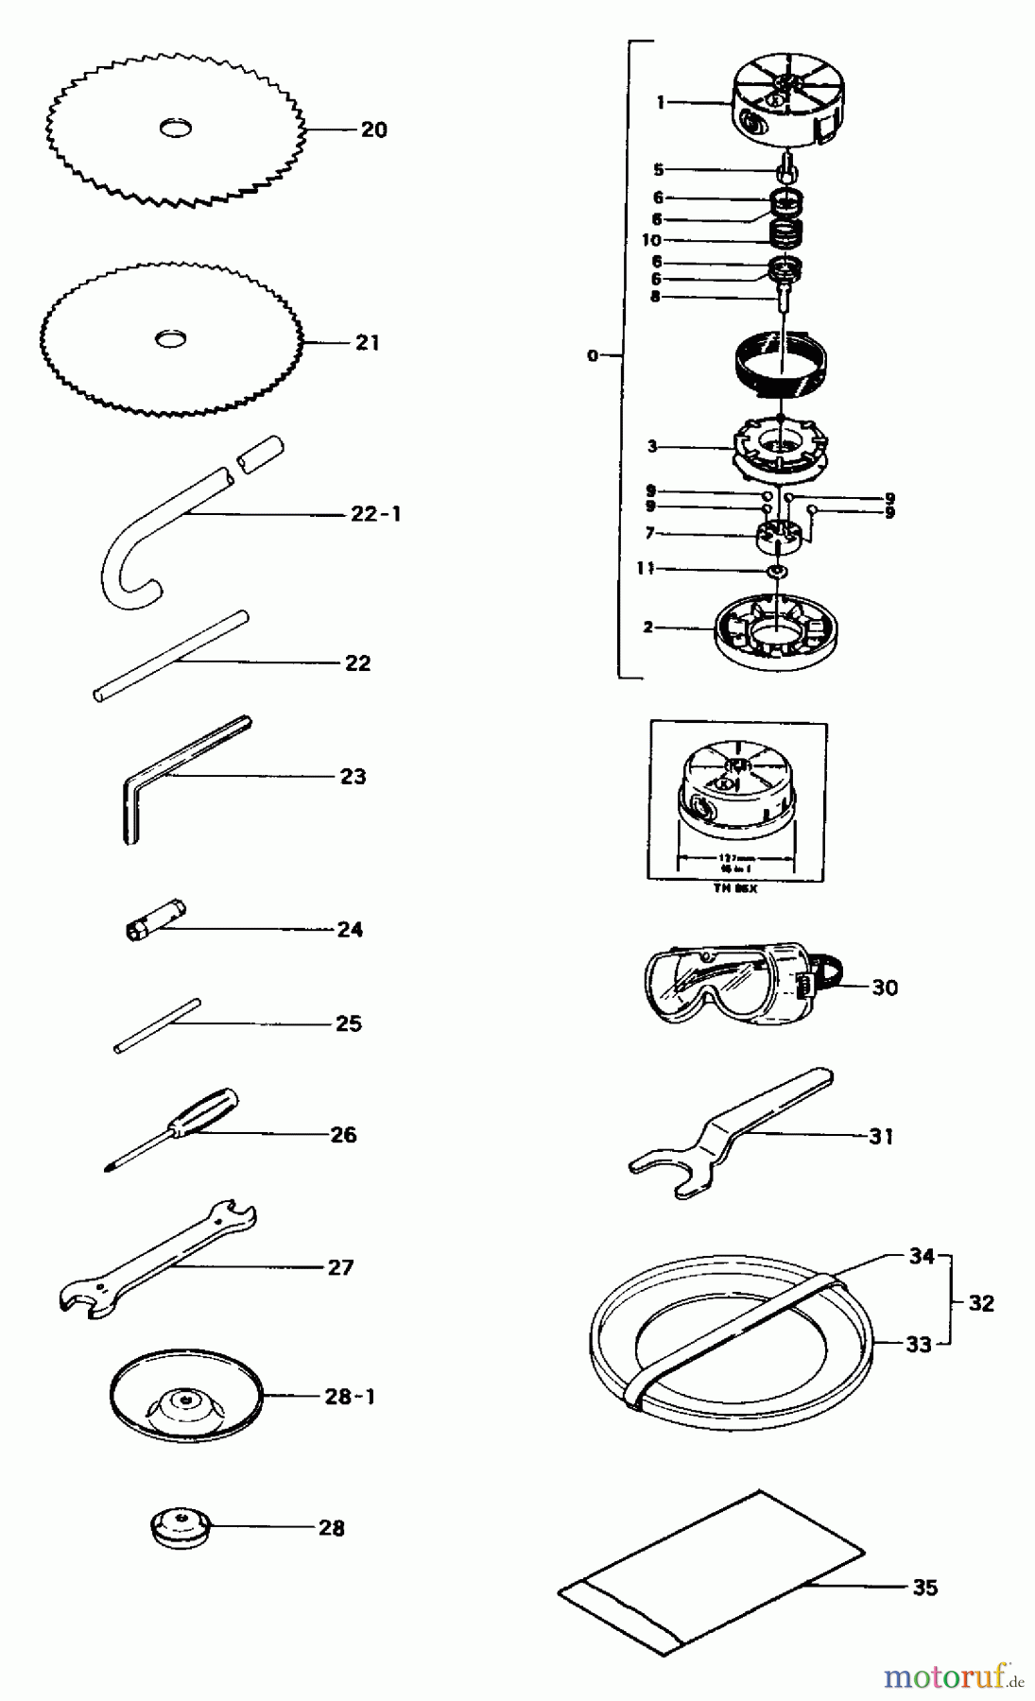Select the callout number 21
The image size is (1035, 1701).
[x=368, y=343]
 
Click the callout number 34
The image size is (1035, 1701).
[x=922, y=1256]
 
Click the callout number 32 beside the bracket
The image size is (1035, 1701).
[x=981, y=1303]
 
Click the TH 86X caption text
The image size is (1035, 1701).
[x=735, y=889]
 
